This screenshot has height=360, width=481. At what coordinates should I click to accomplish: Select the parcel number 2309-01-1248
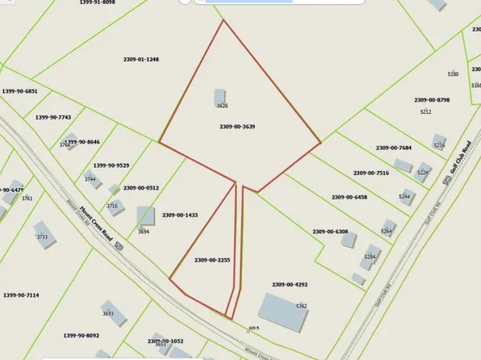(140, 59)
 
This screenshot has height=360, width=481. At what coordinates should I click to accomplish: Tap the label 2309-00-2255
(212, 260)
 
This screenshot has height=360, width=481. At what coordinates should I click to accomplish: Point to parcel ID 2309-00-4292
(291, 284)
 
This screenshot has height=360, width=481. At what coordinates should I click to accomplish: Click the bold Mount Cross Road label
(94, 224)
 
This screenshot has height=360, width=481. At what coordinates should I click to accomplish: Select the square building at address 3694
(145, 216)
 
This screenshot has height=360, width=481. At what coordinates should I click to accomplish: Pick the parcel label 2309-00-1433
(180, 216)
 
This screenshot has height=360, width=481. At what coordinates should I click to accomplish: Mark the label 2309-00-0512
(141, 188)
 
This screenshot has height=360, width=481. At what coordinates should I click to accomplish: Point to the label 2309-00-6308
(331, 232)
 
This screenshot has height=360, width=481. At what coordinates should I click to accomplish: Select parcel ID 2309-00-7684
(394, 148)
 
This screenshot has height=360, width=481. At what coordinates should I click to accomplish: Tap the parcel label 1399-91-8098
(98, 3)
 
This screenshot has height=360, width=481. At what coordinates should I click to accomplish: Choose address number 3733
(42, 237)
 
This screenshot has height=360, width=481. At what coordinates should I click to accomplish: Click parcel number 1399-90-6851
(20, 91)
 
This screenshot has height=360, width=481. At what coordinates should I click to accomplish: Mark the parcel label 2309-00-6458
(349, 197)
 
